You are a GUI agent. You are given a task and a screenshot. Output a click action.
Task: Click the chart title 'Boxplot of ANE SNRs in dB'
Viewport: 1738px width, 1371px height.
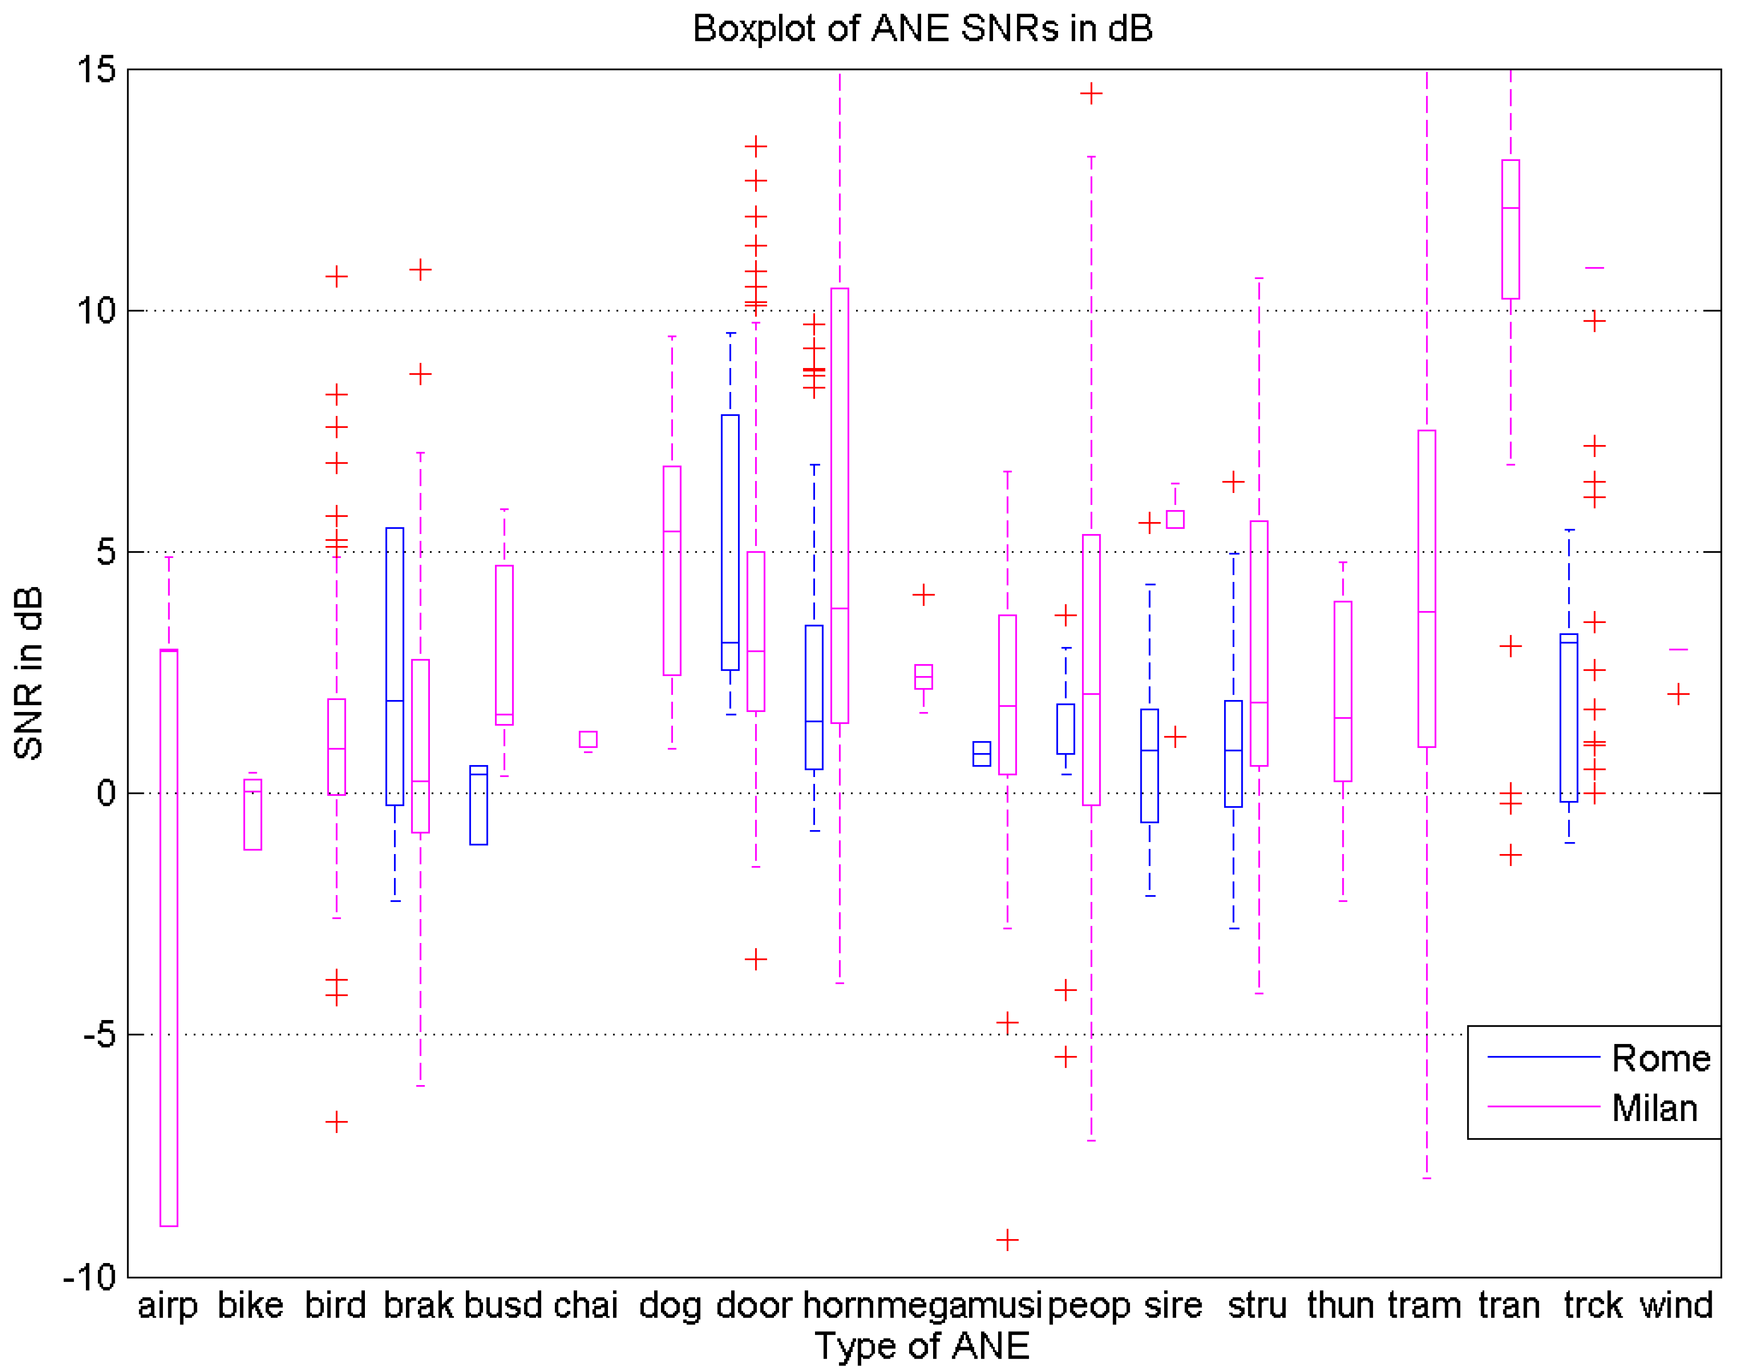click(x=922, y=29)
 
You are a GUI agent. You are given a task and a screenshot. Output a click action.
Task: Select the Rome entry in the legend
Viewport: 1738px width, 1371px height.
click(x=1660, y=1059)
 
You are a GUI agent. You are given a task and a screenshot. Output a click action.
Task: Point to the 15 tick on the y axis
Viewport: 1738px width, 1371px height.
click(x=97, y=70)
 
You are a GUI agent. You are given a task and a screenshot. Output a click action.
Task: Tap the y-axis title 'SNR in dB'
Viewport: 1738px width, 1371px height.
click(x=29, y=673)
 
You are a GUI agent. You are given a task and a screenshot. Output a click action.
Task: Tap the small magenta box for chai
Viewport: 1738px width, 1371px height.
click(x=588, y=739)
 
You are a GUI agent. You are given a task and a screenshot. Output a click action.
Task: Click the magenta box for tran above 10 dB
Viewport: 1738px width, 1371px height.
click(x=1510, y=230)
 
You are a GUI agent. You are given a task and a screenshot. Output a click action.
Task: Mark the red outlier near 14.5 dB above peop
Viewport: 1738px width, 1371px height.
click(x=1091, y=94)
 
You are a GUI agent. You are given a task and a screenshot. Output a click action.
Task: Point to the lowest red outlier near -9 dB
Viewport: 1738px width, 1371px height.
click(x=1008, y=1240)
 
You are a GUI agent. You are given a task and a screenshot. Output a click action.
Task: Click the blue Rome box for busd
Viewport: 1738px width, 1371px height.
click(x=479, y=805)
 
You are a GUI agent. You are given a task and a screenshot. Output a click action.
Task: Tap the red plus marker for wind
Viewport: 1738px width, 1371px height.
click(x=1678, y=694)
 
